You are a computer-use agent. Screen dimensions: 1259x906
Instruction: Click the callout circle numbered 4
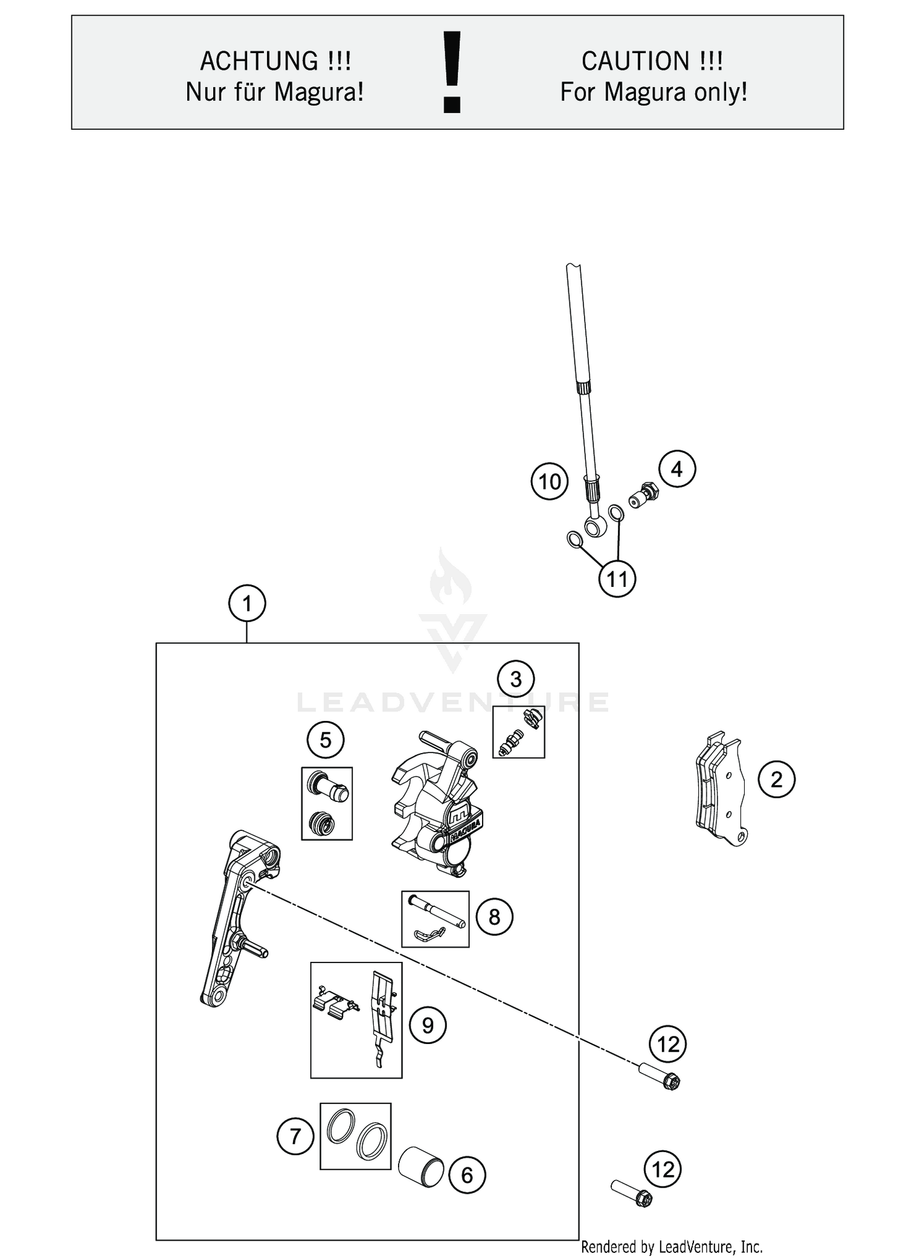[677, 469]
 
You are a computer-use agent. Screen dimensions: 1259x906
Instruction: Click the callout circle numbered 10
[550, 482]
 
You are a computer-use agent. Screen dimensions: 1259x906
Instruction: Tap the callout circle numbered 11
[617, 579]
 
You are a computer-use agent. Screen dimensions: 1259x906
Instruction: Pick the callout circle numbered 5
[326, 740]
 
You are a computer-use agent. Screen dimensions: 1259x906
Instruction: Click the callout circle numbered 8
[494, 917]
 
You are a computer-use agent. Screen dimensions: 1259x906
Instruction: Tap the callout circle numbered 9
[428, 1025]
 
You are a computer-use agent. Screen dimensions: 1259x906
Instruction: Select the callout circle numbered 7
[295, 1137]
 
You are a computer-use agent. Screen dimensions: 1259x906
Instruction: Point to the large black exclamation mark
[452, 72]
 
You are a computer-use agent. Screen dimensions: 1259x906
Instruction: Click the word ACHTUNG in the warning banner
[259, 61]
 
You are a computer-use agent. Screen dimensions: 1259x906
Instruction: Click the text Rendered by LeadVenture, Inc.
[671, 1246]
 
